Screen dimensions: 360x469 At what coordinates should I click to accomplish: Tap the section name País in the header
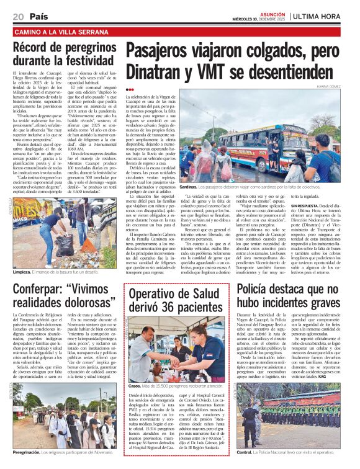(38, 16)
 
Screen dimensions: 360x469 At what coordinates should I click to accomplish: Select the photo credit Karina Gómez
(333, 87)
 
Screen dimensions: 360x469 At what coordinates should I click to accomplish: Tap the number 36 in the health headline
(163, 306)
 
